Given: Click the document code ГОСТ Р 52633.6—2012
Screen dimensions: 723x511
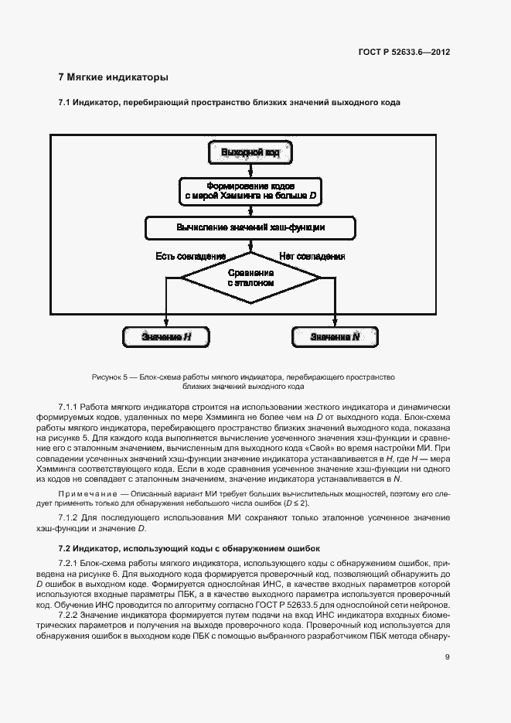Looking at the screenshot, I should [404, 53].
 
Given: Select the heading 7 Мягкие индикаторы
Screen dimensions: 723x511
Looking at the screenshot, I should [113, 77].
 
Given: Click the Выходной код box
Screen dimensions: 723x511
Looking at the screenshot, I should [250, 152].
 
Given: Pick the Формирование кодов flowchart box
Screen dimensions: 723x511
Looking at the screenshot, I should [250, 191].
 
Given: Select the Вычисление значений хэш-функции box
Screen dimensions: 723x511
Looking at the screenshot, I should [250, 228].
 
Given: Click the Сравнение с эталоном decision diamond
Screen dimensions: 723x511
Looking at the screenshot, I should [250, 278].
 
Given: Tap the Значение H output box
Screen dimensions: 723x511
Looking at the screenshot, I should [166, 337].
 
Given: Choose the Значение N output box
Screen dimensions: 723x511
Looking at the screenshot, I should [334, 337].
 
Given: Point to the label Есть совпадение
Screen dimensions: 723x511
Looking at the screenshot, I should [191, 256].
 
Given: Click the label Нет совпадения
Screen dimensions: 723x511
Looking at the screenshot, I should [312, 256].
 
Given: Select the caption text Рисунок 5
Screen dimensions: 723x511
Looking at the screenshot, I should [110, 377].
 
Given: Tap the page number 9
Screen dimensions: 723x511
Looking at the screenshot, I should [448, 658].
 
